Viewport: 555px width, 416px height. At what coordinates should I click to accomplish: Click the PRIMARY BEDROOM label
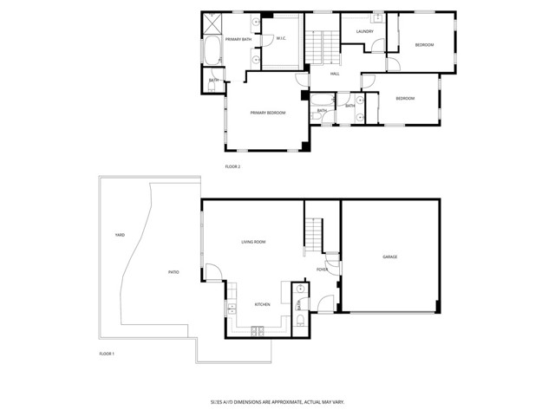tap(267, 113)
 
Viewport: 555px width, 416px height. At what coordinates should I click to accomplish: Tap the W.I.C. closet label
tap(281, 39)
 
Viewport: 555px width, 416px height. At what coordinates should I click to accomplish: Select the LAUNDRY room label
tap(364, 32)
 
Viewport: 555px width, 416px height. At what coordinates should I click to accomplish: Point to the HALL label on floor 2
tap(335, 74)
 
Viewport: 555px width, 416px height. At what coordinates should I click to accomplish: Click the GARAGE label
tap(389, 257)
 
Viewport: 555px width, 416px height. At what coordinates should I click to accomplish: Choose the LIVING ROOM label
tap(253, 242)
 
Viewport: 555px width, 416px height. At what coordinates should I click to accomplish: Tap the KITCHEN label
tap(262, 304)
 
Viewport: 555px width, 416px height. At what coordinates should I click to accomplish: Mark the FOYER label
tap(322, 270)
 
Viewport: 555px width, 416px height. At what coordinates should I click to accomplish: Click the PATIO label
tap(173, 272)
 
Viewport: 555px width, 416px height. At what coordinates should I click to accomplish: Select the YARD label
tap(120, 235)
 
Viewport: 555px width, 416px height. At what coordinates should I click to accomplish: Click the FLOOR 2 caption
tap(232, 166)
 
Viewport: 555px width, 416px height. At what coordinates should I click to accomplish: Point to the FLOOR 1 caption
tap(107, 354)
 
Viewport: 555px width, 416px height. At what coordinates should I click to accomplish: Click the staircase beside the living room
tap(312, 235)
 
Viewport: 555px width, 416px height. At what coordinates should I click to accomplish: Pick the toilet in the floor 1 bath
tap(299, 321)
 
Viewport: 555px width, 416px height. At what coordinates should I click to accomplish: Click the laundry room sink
tap(378, 17)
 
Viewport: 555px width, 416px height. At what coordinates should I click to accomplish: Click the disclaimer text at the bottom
tap(277, 401)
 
